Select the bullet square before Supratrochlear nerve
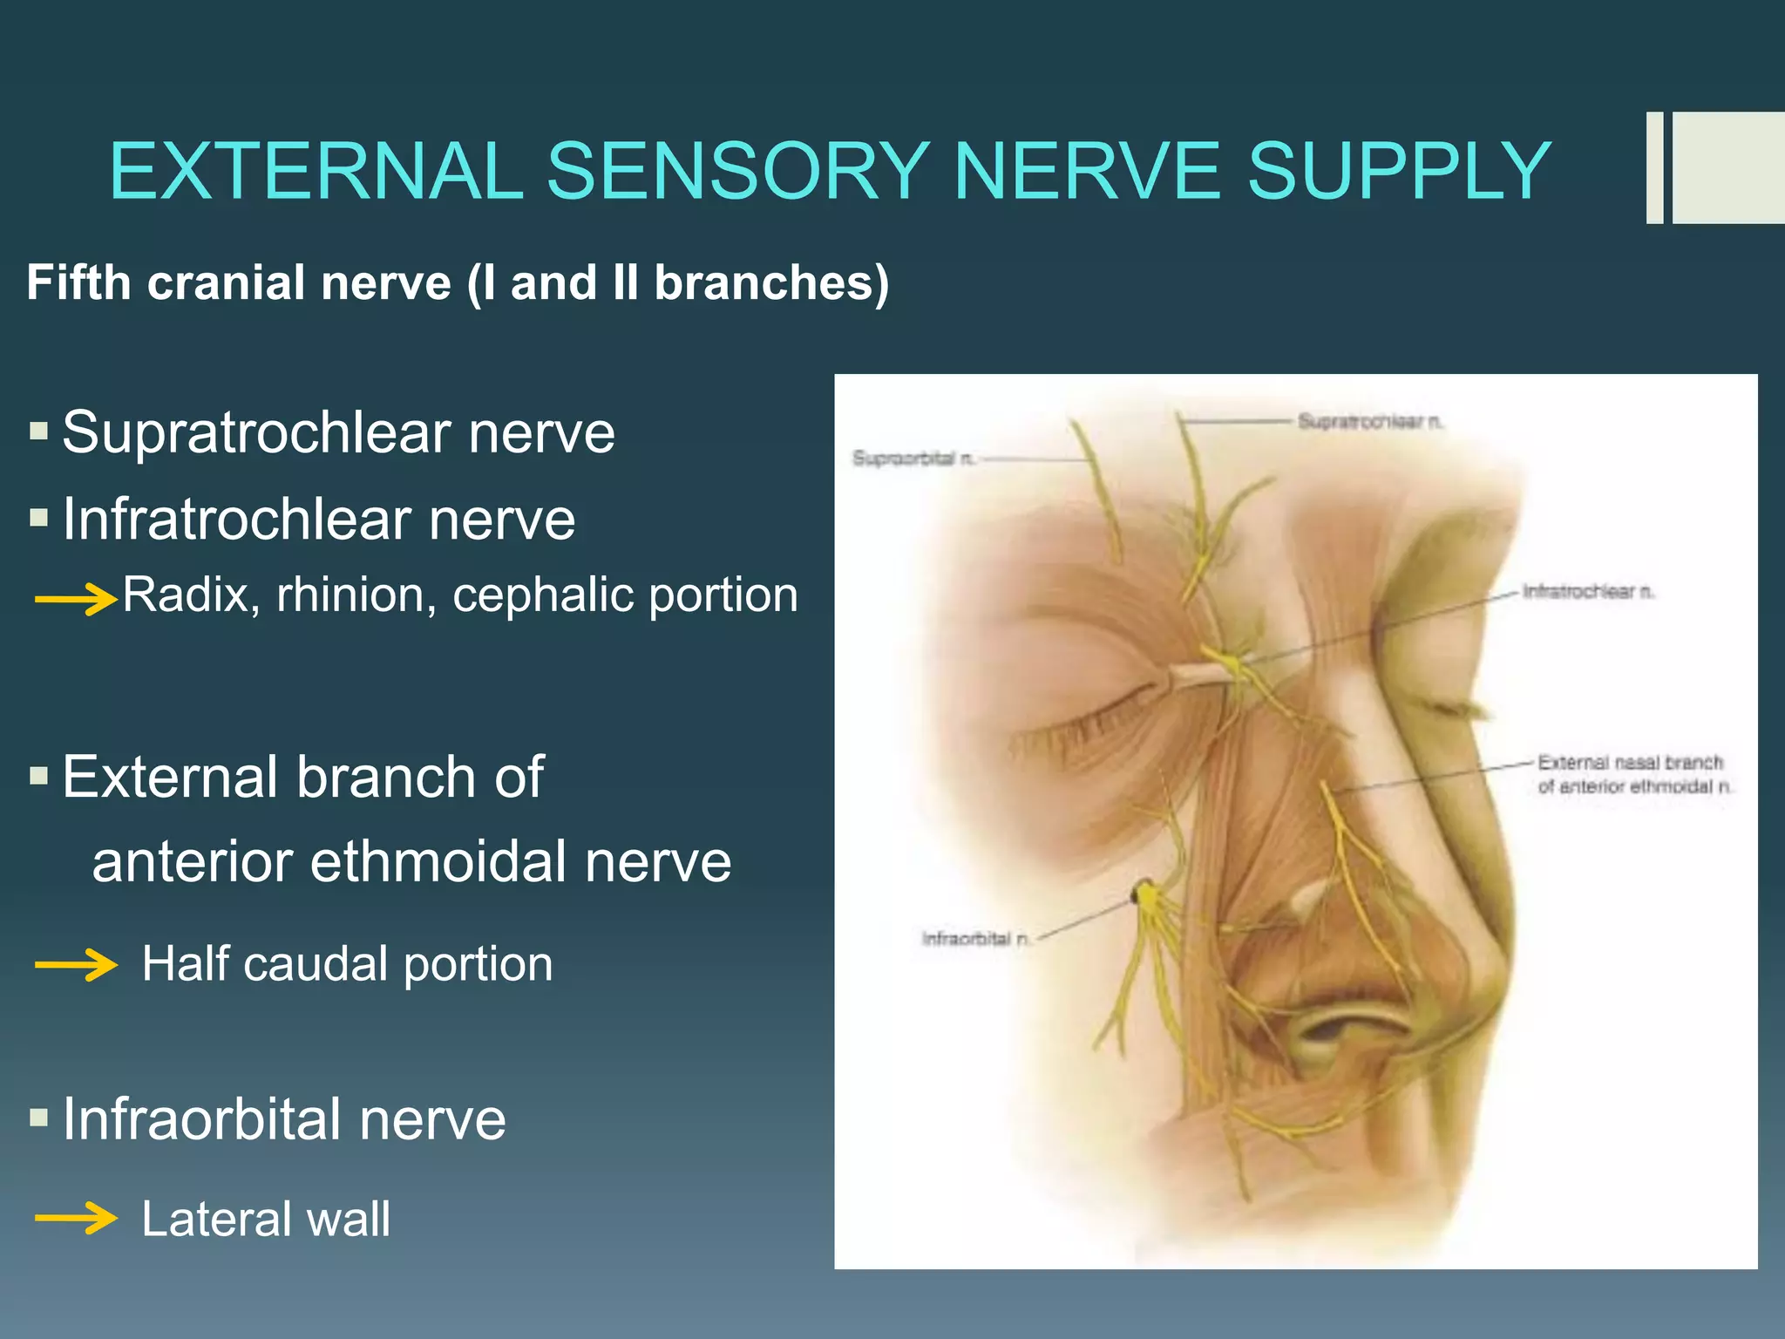pyautogui.click(x=38, y=430)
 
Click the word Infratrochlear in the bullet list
pyautogui.click(x=235, y=520)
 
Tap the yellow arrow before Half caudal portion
pyautogui.click(x=75, y=964)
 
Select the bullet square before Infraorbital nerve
pyautogui.click(x=38, y=1117)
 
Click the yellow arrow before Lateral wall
pyautogui.click(x=75, y=1218)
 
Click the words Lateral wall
pyautogui.click(x=266, y=1218)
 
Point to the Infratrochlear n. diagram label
pyautogui.click(x=1587, y=592)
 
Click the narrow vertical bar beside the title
pyautogui.click(x=1654, y=167)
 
